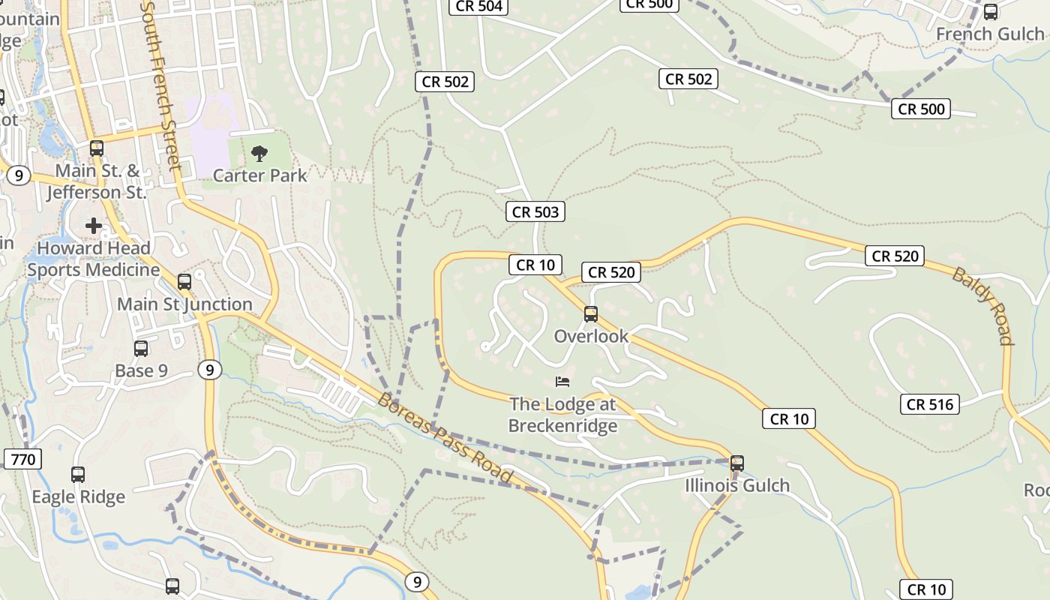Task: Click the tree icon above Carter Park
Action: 259,154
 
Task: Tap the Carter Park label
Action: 259,175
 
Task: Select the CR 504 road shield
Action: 478,7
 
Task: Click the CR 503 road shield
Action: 535,212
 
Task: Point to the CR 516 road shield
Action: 930,405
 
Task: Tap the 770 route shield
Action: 23,459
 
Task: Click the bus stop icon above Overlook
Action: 591,313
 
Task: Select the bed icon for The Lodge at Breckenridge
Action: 562,382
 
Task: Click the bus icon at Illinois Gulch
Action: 737,463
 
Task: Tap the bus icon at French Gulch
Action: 991,12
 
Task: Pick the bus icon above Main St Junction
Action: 184,282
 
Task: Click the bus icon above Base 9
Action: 141,349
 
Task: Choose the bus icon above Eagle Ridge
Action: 78,475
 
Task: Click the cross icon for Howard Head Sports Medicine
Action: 94,225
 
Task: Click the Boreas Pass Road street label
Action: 445,438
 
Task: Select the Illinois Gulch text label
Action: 737,486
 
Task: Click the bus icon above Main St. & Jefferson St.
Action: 97,148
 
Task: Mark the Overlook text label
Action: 591,336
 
